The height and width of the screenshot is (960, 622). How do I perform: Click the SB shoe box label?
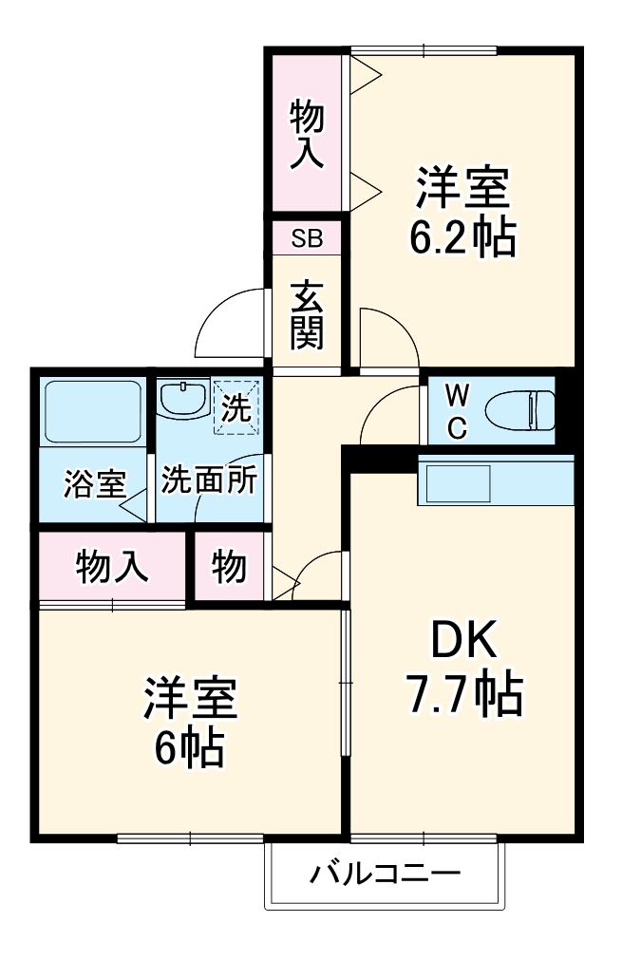[307, 238]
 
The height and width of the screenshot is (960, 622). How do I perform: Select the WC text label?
[456, 410]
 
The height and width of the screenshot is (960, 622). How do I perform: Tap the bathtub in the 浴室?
[92, 411]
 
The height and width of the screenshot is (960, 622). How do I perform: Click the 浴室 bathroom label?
[94, 483]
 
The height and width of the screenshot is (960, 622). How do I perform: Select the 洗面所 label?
[208, 480]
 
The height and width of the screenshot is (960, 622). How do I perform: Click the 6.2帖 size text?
[462, 237]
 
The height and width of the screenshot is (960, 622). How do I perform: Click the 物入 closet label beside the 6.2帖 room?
[307, 134]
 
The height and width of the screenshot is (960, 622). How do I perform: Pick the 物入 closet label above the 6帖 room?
[112, 567]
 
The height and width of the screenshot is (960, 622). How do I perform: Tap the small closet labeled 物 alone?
[230, 567]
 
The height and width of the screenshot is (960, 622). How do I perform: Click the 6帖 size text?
[190, 749]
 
